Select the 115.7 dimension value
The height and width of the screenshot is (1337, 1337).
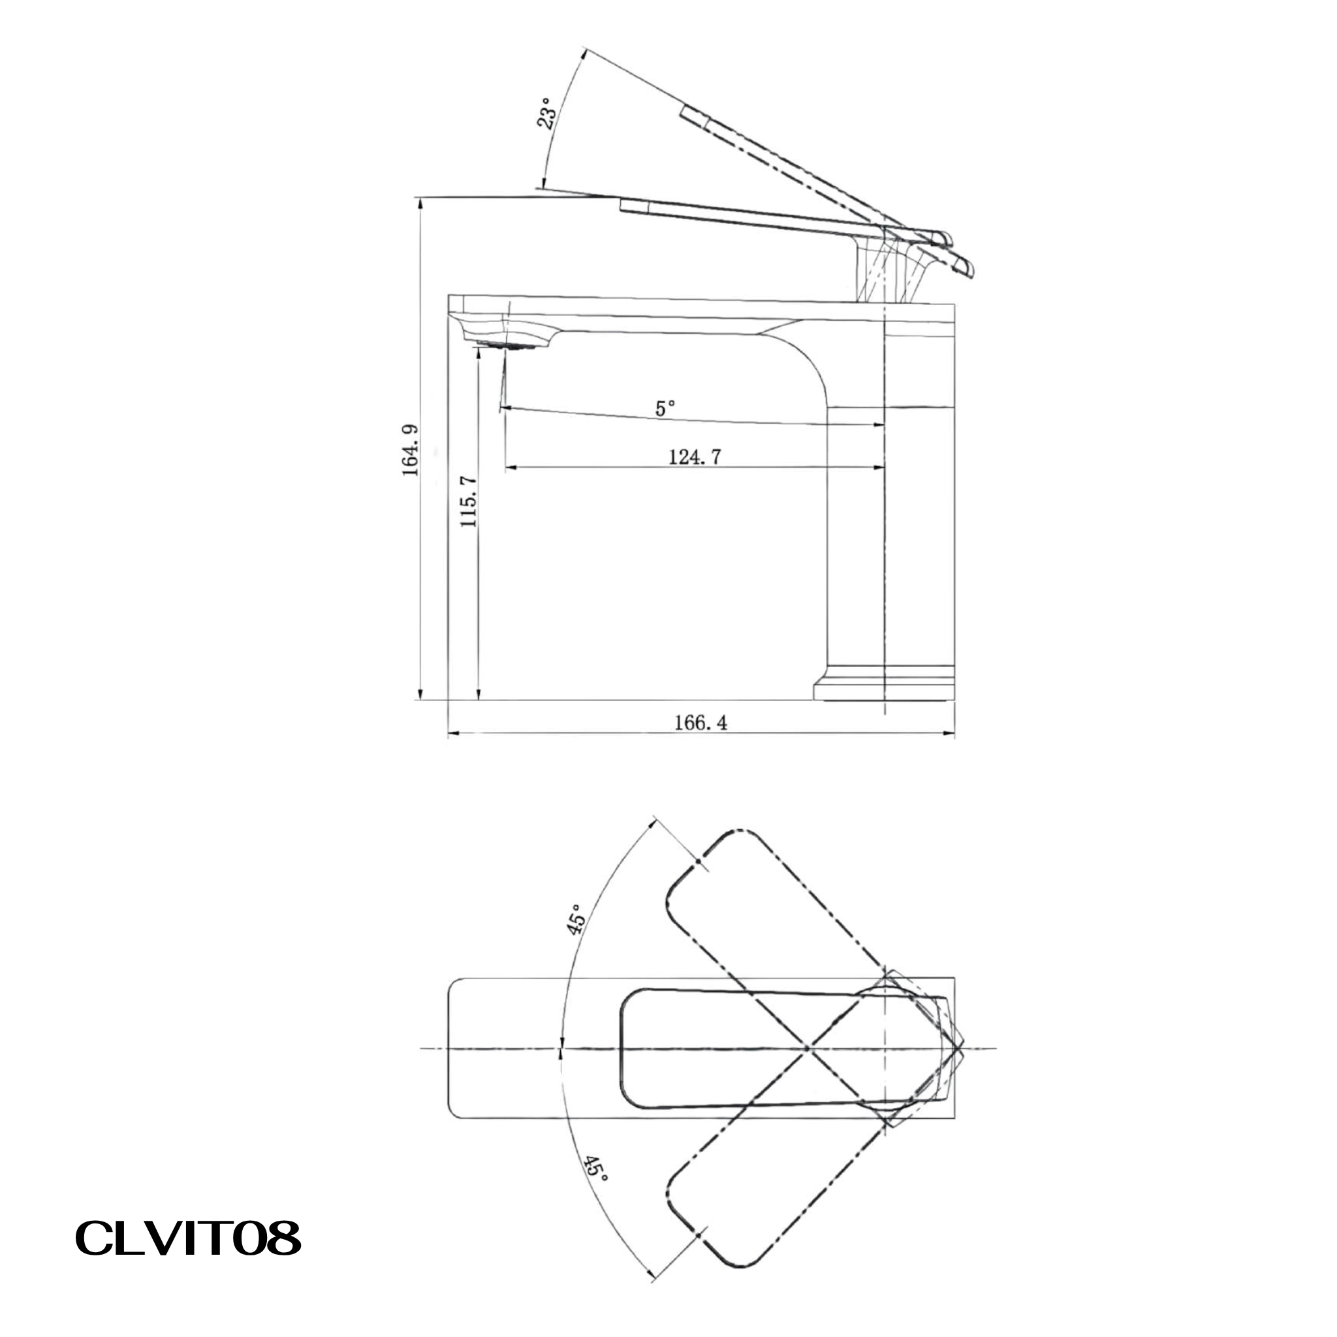point(469,502)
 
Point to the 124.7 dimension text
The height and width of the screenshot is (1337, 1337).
point(695,457)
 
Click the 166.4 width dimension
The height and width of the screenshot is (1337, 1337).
point(700,723)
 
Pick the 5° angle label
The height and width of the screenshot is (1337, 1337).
point(665,408)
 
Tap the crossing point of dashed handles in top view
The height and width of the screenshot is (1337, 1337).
point(808,1048)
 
